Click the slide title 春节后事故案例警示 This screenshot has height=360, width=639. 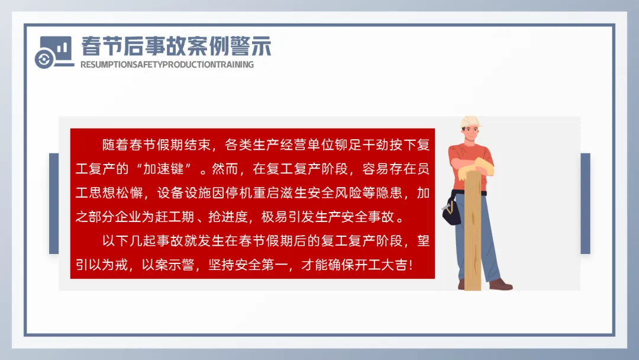pos(176,46)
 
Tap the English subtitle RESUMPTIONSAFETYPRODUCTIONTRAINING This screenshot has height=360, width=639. pos(167,65)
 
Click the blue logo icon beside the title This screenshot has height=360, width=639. pos(54,52)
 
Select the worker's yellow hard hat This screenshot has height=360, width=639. pos(471,121)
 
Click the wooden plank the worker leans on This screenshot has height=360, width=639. pos(473,230)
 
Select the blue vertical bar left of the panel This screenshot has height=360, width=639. pos(54,204)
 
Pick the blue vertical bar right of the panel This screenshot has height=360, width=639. pos(585,204)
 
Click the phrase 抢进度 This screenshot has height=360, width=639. pos(228,217)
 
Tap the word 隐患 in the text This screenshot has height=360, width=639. pos(389,192)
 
